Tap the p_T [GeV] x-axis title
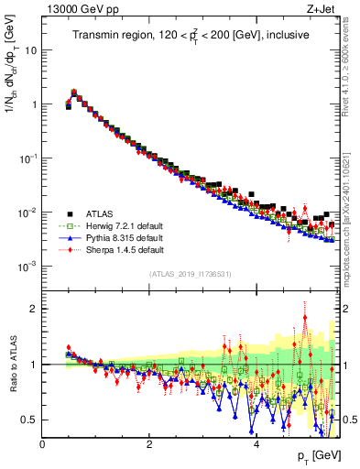tap(317, 456)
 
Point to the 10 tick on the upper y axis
tap(31, 50)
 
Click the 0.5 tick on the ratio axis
tap(29, 420)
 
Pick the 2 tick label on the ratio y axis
tap(34, 309)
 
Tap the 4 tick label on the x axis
tap(256, 444)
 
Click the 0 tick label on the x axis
tap(42, 444)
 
